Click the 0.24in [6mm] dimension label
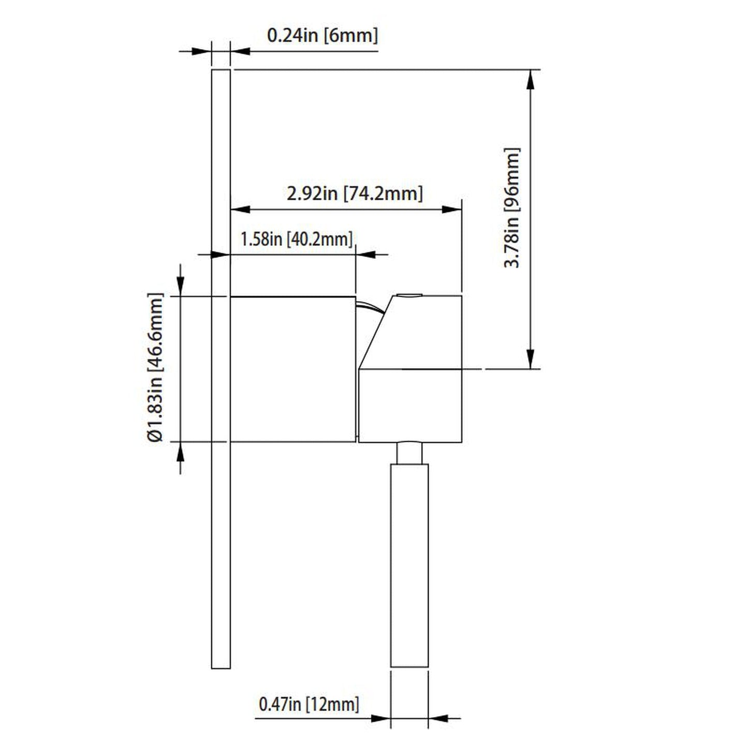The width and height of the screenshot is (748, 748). point(322,36)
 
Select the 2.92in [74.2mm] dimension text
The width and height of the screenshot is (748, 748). point(355,194)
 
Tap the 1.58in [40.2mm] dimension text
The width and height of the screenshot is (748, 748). point(296,239)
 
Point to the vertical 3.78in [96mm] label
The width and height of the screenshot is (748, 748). point(512,207)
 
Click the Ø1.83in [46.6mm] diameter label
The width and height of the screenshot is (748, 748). point(155,368)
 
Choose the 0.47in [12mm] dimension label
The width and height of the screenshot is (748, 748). point(309,704)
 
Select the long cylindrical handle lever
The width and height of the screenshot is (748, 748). point(409,564)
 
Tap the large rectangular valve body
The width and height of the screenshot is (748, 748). point(292,369)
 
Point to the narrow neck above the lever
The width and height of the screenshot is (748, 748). point(409,453)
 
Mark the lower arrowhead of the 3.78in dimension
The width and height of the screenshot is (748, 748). point(531,359)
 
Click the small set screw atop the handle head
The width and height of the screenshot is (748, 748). point(409,296)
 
